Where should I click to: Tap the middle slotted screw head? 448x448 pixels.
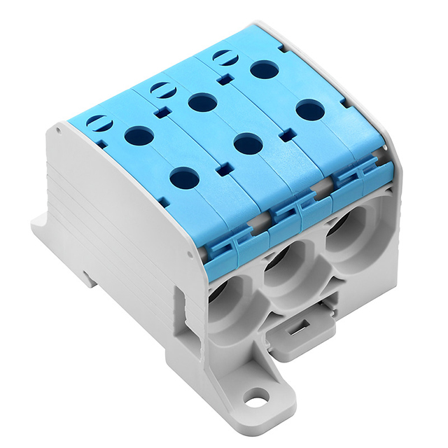point(161,89)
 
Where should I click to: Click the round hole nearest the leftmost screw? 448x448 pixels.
point(139,134)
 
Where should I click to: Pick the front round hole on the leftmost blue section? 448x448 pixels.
point(184,178)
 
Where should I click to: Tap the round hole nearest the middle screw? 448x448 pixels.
point(202,102)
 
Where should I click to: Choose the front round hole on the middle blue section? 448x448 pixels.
point(248,143)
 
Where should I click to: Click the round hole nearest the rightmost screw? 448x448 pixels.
point(264,69)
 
